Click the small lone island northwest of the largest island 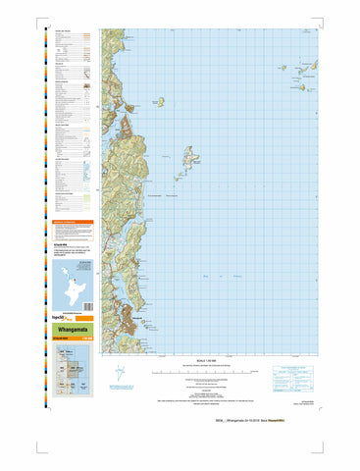pyautogui.click(x=160, y=100)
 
